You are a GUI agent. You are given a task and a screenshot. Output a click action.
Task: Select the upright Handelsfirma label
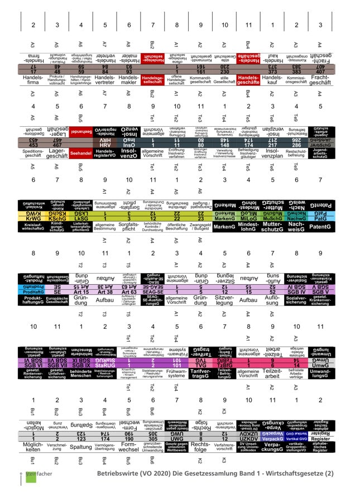pyautogui.click(x=33, y=81)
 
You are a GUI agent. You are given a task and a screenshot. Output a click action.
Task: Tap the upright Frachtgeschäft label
pyautogui.click(x=320, y=81)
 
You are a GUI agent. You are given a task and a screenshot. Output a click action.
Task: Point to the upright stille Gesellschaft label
pyautogui.click(x=224, y=81)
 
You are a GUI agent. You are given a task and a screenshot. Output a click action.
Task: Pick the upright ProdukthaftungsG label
pyautogui.click(x=33, y=301)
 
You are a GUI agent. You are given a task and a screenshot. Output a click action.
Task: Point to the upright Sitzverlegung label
pyautogui.click(x=224, y=301)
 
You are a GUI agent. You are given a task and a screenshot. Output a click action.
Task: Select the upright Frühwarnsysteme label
pyautogui.click(x=176, y=374)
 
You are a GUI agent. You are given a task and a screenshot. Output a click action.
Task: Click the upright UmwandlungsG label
pyautogui.click(x=320, y=374)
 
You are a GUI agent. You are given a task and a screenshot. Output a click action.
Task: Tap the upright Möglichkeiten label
pyautogui.click(x=33, y=448)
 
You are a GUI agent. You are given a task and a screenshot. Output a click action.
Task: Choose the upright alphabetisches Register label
pyautogui.click(x=320, y=448)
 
